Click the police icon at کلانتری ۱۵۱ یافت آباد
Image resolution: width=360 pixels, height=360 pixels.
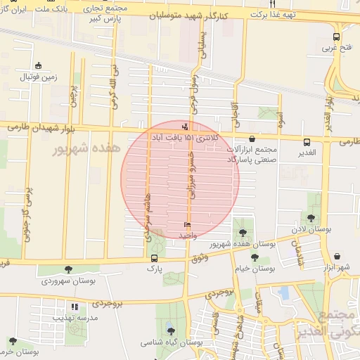click(x=185, y=126)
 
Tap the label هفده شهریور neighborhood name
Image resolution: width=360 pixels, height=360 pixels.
click(x=89, y=148)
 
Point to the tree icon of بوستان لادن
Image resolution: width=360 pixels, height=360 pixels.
click(x=311, y=218)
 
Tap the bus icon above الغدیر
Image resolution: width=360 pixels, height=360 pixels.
click(x=307, y=141)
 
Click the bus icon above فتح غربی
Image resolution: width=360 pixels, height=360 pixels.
click(x=335, y=37)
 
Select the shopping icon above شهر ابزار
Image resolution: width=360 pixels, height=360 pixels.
click(x=338, y=257)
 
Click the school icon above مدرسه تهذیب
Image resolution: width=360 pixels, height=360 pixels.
click(x=75, y=307)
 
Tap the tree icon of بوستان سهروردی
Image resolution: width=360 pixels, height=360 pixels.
click(x=68, y=269)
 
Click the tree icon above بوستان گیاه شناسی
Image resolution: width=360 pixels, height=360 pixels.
click(x=171, y=330)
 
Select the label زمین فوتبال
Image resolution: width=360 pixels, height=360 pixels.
click(x=38, y=75)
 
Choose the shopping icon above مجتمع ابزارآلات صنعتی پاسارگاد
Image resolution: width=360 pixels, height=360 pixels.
click(x=252, y=139)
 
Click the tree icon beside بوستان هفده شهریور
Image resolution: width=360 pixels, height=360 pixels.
click(x=243, y=233)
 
